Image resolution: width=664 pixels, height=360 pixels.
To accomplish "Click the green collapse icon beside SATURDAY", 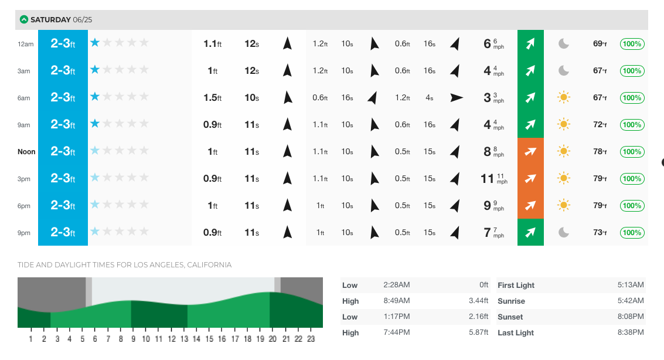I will click(24, 19).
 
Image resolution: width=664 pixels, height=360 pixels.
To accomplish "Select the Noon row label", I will click(26, 152).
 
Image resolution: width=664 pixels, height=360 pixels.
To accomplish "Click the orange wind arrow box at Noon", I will click(530, 152).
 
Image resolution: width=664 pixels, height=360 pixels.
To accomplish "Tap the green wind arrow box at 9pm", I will click(530, 233).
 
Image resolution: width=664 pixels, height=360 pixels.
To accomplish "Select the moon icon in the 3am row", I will click(563, 71).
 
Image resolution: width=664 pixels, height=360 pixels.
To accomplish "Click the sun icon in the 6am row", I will click(563, 98).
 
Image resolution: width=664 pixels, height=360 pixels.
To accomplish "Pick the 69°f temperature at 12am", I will click(600, 44).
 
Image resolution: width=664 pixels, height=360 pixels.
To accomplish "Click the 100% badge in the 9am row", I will click(632, 125).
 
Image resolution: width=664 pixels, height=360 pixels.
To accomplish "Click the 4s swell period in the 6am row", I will click(429, 98).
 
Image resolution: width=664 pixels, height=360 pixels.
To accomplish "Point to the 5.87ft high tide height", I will click(478, 332).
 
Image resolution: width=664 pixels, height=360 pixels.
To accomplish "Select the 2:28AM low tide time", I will click(396, 285).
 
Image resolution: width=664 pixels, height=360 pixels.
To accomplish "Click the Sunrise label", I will click(510, 301).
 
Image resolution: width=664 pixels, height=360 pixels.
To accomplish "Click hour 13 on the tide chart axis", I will click(184, 339).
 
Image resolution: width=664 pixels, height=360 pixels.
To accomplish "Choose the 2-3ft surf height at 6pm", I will click(63, 206).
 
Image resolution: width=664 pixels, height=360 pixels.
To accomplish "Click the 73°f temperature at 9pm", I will click(600, 233).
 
